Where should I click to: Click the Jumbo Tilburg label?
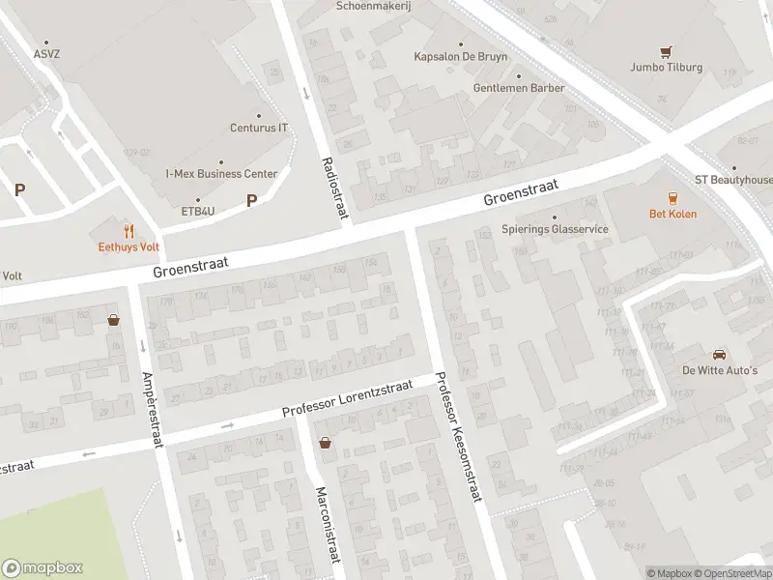point(666,68)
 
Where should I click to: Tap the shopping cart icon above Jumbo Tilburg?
point(666,51)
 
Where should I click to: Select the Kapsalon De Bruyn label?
point(460,57)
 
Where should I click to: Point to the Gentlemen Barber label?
point(519,88)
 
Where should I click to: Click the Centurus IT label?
point(259,128)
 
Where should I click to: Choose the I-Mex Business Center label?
point(221,174)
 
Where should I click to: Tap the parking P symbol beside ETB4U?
point(251,200)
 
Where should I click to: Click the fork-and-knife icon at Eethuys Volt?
point(129,230)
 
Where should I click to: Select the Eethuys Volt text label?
point(129,246)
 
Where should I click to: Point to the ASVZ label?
point(45,54)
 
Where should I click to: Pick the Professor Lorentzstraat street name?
point(347,398)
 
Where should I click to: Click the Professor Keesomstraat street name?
point(458,437)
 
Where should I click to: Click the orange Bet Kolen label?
point(673,214)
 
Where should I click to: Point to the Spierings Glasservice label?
point(555,229)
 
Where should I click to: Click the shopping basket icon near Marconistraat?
point(326,443)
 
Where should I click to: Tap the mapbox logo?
point(43,568)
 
